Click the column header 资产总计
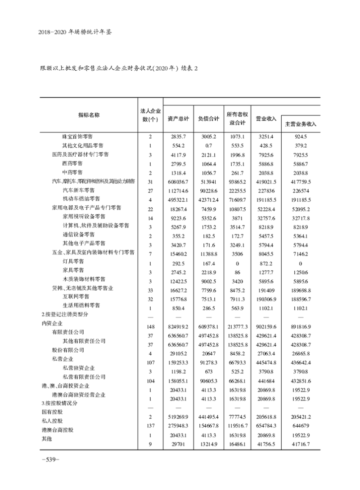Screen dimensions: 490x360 179,119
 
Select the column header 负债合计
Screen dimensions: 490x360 208,119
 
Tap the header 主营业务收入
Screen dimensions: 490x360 301,123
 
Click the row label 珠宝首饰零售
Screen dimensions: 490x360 79,136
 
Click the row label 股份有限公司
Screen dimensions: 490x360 69,350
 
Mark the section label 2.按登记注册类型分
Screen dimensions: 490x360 63,314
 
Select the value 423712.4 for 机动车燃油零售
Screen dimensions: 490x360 208,199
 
